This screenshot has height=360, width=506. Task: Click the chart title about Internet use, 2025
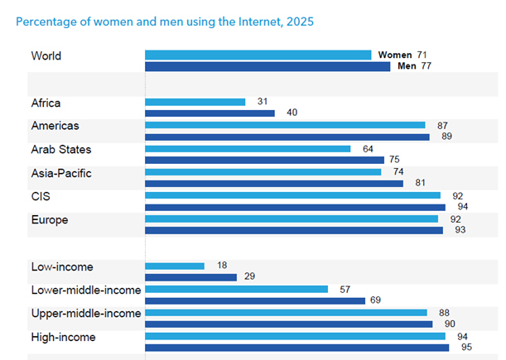point(166,21)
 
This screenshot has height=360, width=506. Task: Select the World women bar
point(258,55)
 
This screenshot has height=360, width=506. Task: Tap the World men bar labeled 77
point(267,67)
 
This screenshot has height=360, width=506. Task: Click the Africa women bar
point(195,102)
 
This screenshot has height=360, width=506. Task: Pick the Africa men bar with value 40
point(210,113)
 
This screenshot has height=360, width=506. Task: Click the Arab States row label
point(61,150)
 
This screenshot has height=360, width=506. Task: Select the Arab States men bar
point(264,161)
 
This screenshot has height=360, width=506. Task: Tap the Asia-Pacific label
point(62,174)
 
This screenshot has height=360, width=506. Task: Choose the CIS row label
point(41,197)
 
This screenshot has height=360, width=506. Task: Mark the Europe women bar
point(292,218)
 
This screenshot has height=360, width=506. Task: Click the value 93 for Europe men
point(459,229)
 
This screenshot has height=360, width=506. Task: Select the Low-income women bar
point(174,266)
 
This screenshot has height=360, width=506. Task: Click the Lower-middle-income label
point(86,290)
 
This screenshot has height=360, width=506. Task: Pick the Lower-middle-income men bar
point(255,300)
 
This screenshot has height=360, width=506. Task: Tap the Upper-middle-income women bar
point(286,313)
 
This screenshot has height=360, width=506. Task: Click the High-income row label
point(63,337)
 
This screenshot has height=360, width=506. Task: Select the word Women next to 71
point(395,55)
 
